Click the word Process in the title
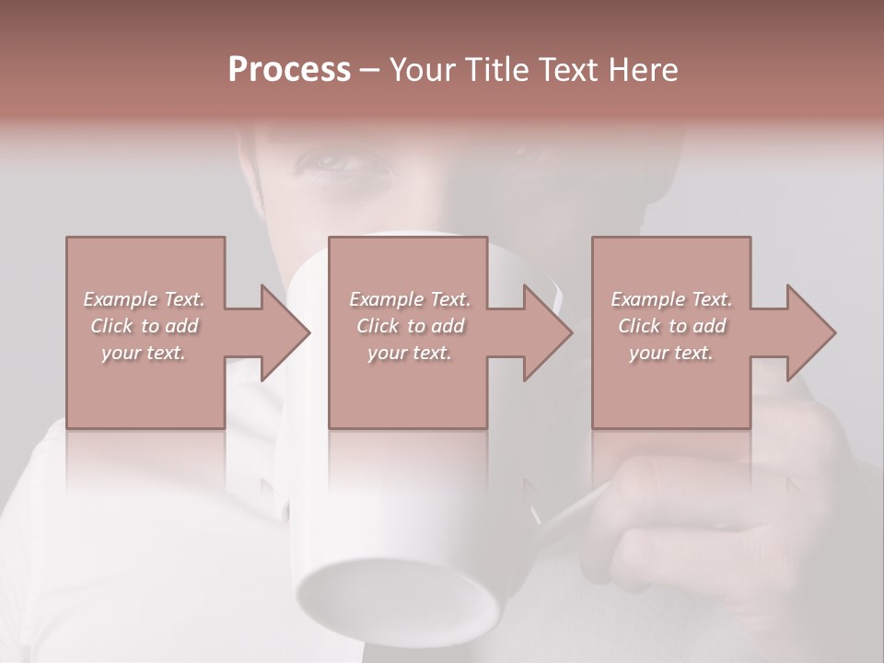(289, 70)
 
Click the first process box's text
(144, 326)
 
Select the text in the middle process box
(410, 326)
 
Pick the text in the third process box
(671, 326)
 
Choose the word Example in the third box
(647, 299)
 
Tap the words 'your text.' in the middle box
(410, 353)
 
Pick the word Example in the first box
(120, 299)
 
